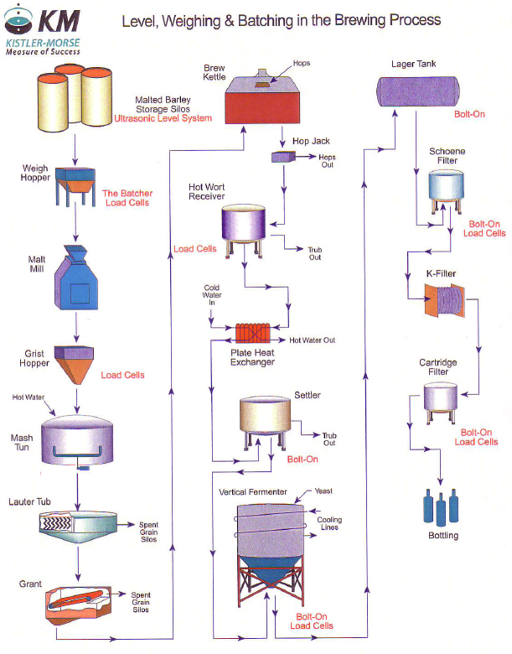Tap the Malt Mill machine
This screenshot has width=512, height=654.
(80, 283)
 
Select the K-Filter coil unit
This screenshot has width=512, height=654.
(444, 299)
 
